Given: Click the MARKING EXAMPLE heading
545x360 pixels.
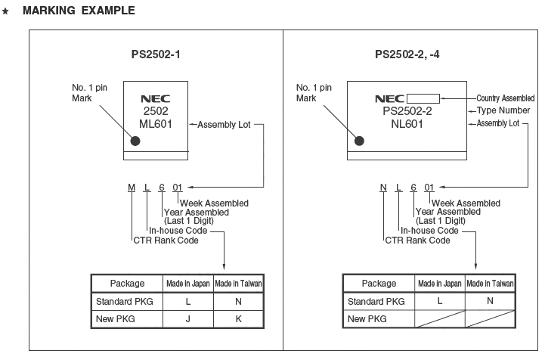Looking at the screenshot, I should (79, 11).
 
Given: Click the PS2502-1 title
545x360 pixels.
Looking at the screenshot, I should (156, 54).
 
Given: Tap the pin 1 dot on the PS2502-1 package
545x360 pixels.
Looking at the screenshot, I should (135, 140).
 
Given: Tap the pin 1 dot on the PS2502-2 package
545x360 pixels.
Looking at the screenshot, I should (359, 140).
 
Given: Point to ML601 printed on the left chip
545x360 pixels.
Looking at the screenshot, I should (156, 123).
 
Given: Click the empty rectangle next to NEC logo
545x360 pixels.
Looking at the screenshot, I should (423, 98).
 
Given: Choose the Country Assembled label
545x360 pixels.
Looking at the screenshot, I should (506, 98).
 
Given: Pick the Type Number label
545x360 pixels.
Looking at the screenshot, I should (504, 110).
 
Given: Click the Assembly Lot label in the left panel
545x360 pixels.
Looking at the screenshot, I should (224, 124).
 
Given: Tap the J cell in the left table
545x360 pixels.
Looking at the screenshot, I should (188, 318).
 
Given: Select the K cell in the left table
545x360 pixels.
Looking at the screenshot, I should (238, 318).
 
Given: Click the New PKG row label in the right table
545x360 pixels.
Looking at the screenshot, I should (367, 318).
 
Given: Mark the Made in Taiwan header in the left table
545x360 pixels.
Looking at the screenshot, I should (238, 284).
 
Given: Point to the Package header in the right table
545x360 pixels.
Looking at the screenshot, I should (379, 284).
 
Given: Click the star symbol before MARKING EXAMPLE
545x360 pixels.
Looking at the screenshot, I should (6, 11).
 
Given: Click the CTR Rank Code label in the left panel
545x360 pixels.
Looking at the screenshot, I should (166, 241).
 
